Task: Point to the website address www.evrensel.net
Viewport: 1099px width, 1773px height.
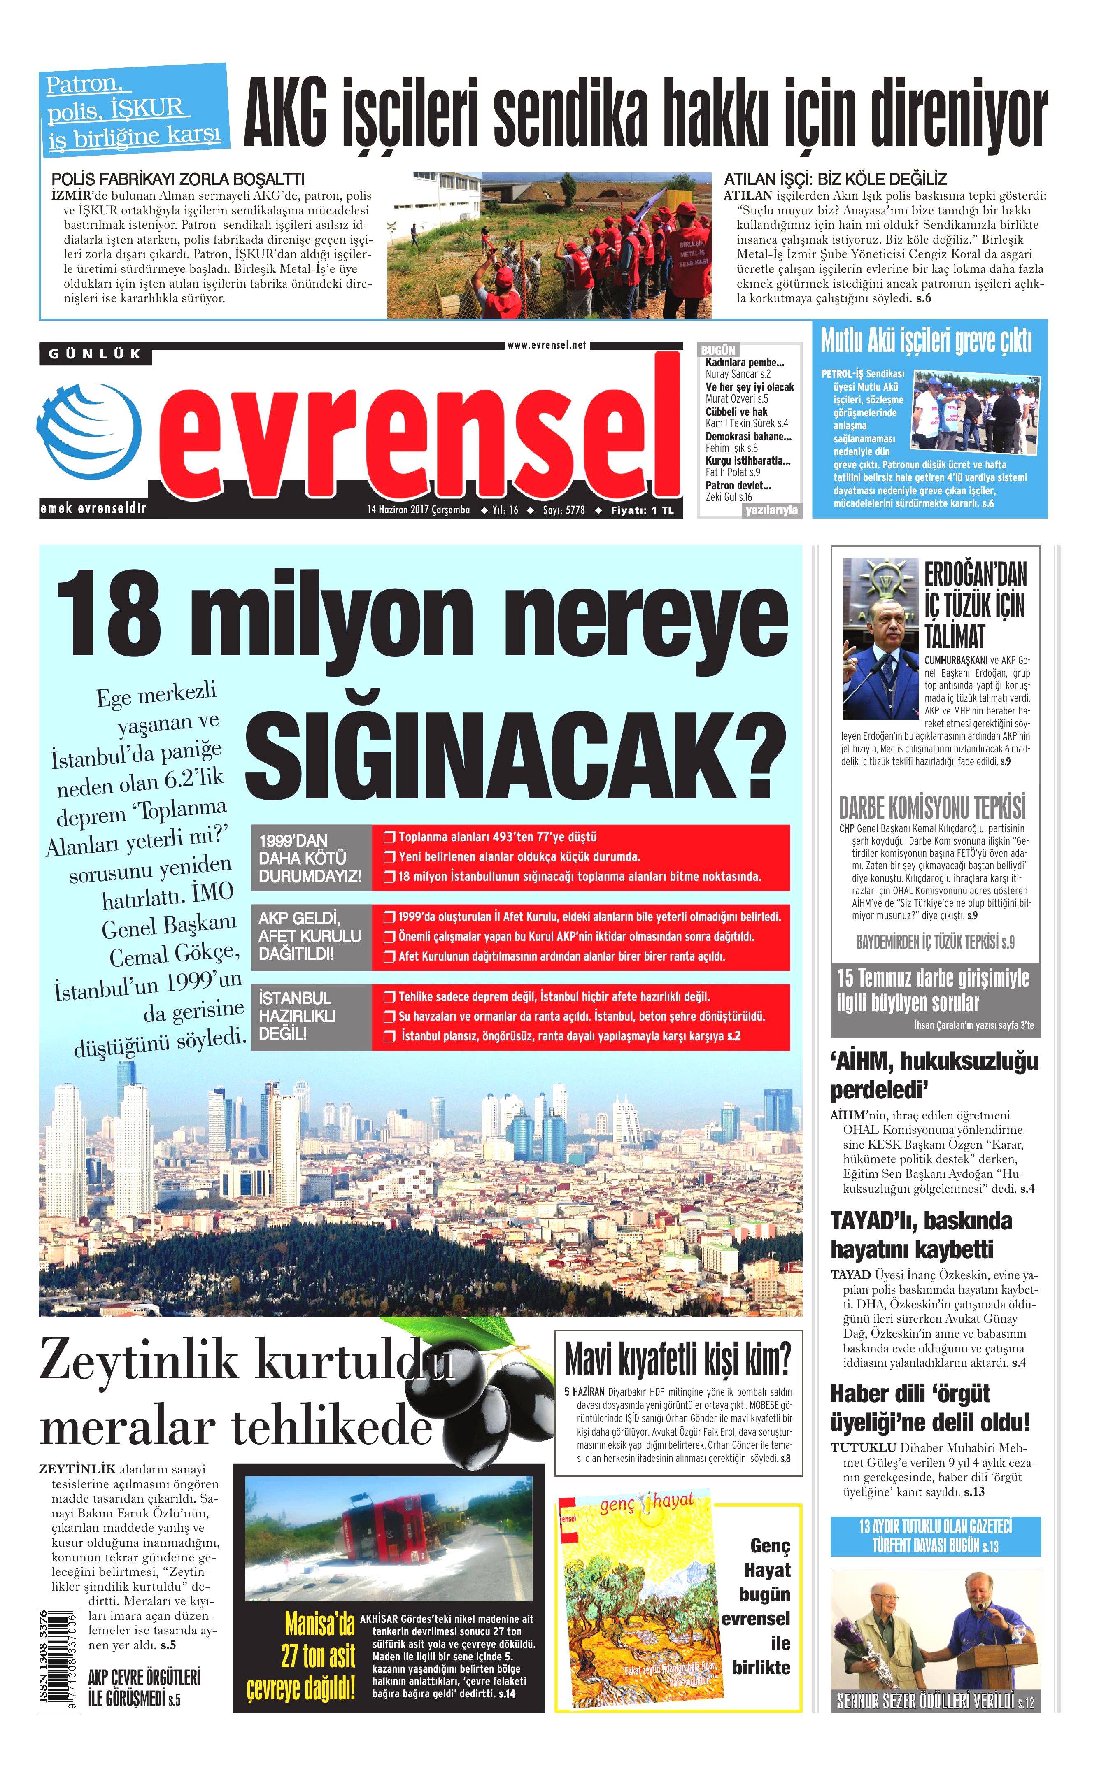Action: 547,345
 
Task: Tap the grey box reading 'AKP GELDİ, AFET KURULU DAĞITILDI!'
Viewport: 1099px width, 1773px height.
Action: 310,936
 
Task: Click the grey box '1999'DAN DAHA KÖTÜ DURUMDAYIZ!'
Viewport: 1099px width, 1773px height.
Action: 310,857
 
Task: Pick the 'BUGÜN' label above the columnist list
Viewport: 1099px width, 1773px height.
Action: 718,350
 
